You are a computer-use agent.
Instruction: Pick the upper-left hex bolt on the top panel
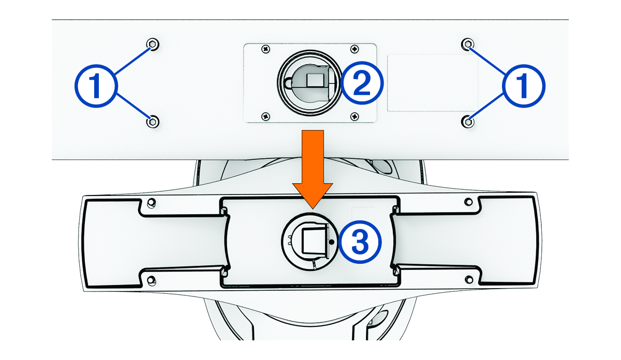(152, 43)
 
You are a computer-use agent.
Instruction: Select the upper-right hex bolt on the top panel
(468, 43)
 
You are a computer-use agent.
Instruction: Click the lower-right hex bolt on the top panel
(468, 122)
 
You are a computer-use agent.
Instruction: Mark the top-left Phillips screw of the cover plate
(265, 49)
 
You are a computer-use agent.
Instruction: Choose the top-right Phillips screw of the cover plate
(354, 49)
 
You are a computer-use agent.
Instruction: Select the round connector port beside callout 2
(308, 83)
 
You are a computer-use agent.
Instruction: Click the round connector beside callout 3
(309, 241)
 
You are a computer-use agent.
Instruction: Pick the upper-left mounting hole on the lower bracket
(151, 202)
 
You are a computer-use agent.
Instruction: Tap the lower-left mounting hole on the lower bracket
(151, 280)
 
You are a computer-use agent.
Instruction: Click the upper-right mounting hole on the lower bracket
(468, 202)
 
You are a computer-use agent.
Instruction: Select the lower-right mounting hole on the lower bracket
(468, 280)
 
